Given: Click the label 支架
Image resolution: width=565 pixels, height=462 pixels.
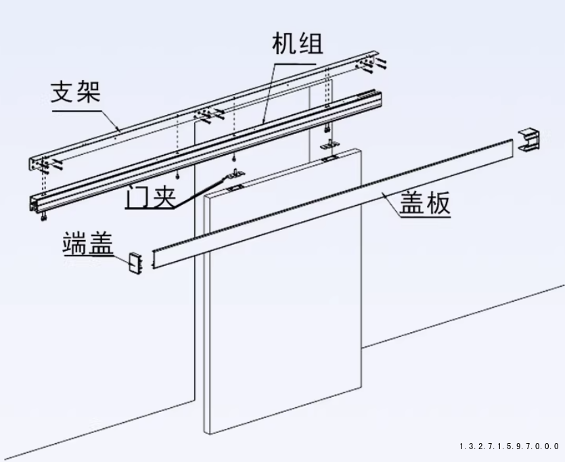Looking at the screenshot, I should (x=76, y=91).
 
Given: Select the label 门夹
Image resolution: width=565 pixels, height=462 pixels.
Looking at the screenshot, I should (x=150, y=198).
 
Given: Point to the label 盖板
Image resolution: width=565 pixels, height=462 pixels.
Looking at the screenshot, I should (x=424, y=203).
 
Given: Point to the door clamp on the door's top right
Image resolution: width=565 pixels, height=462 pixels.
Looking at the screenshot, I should (x=330, y=156).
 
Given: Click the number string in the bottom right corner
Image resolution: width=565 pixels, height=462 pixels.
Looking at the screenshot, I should (x=509, y=446).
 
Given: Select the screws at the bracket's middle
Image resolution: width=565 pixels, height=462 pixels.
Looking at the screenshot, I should (x=210, y=114).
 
